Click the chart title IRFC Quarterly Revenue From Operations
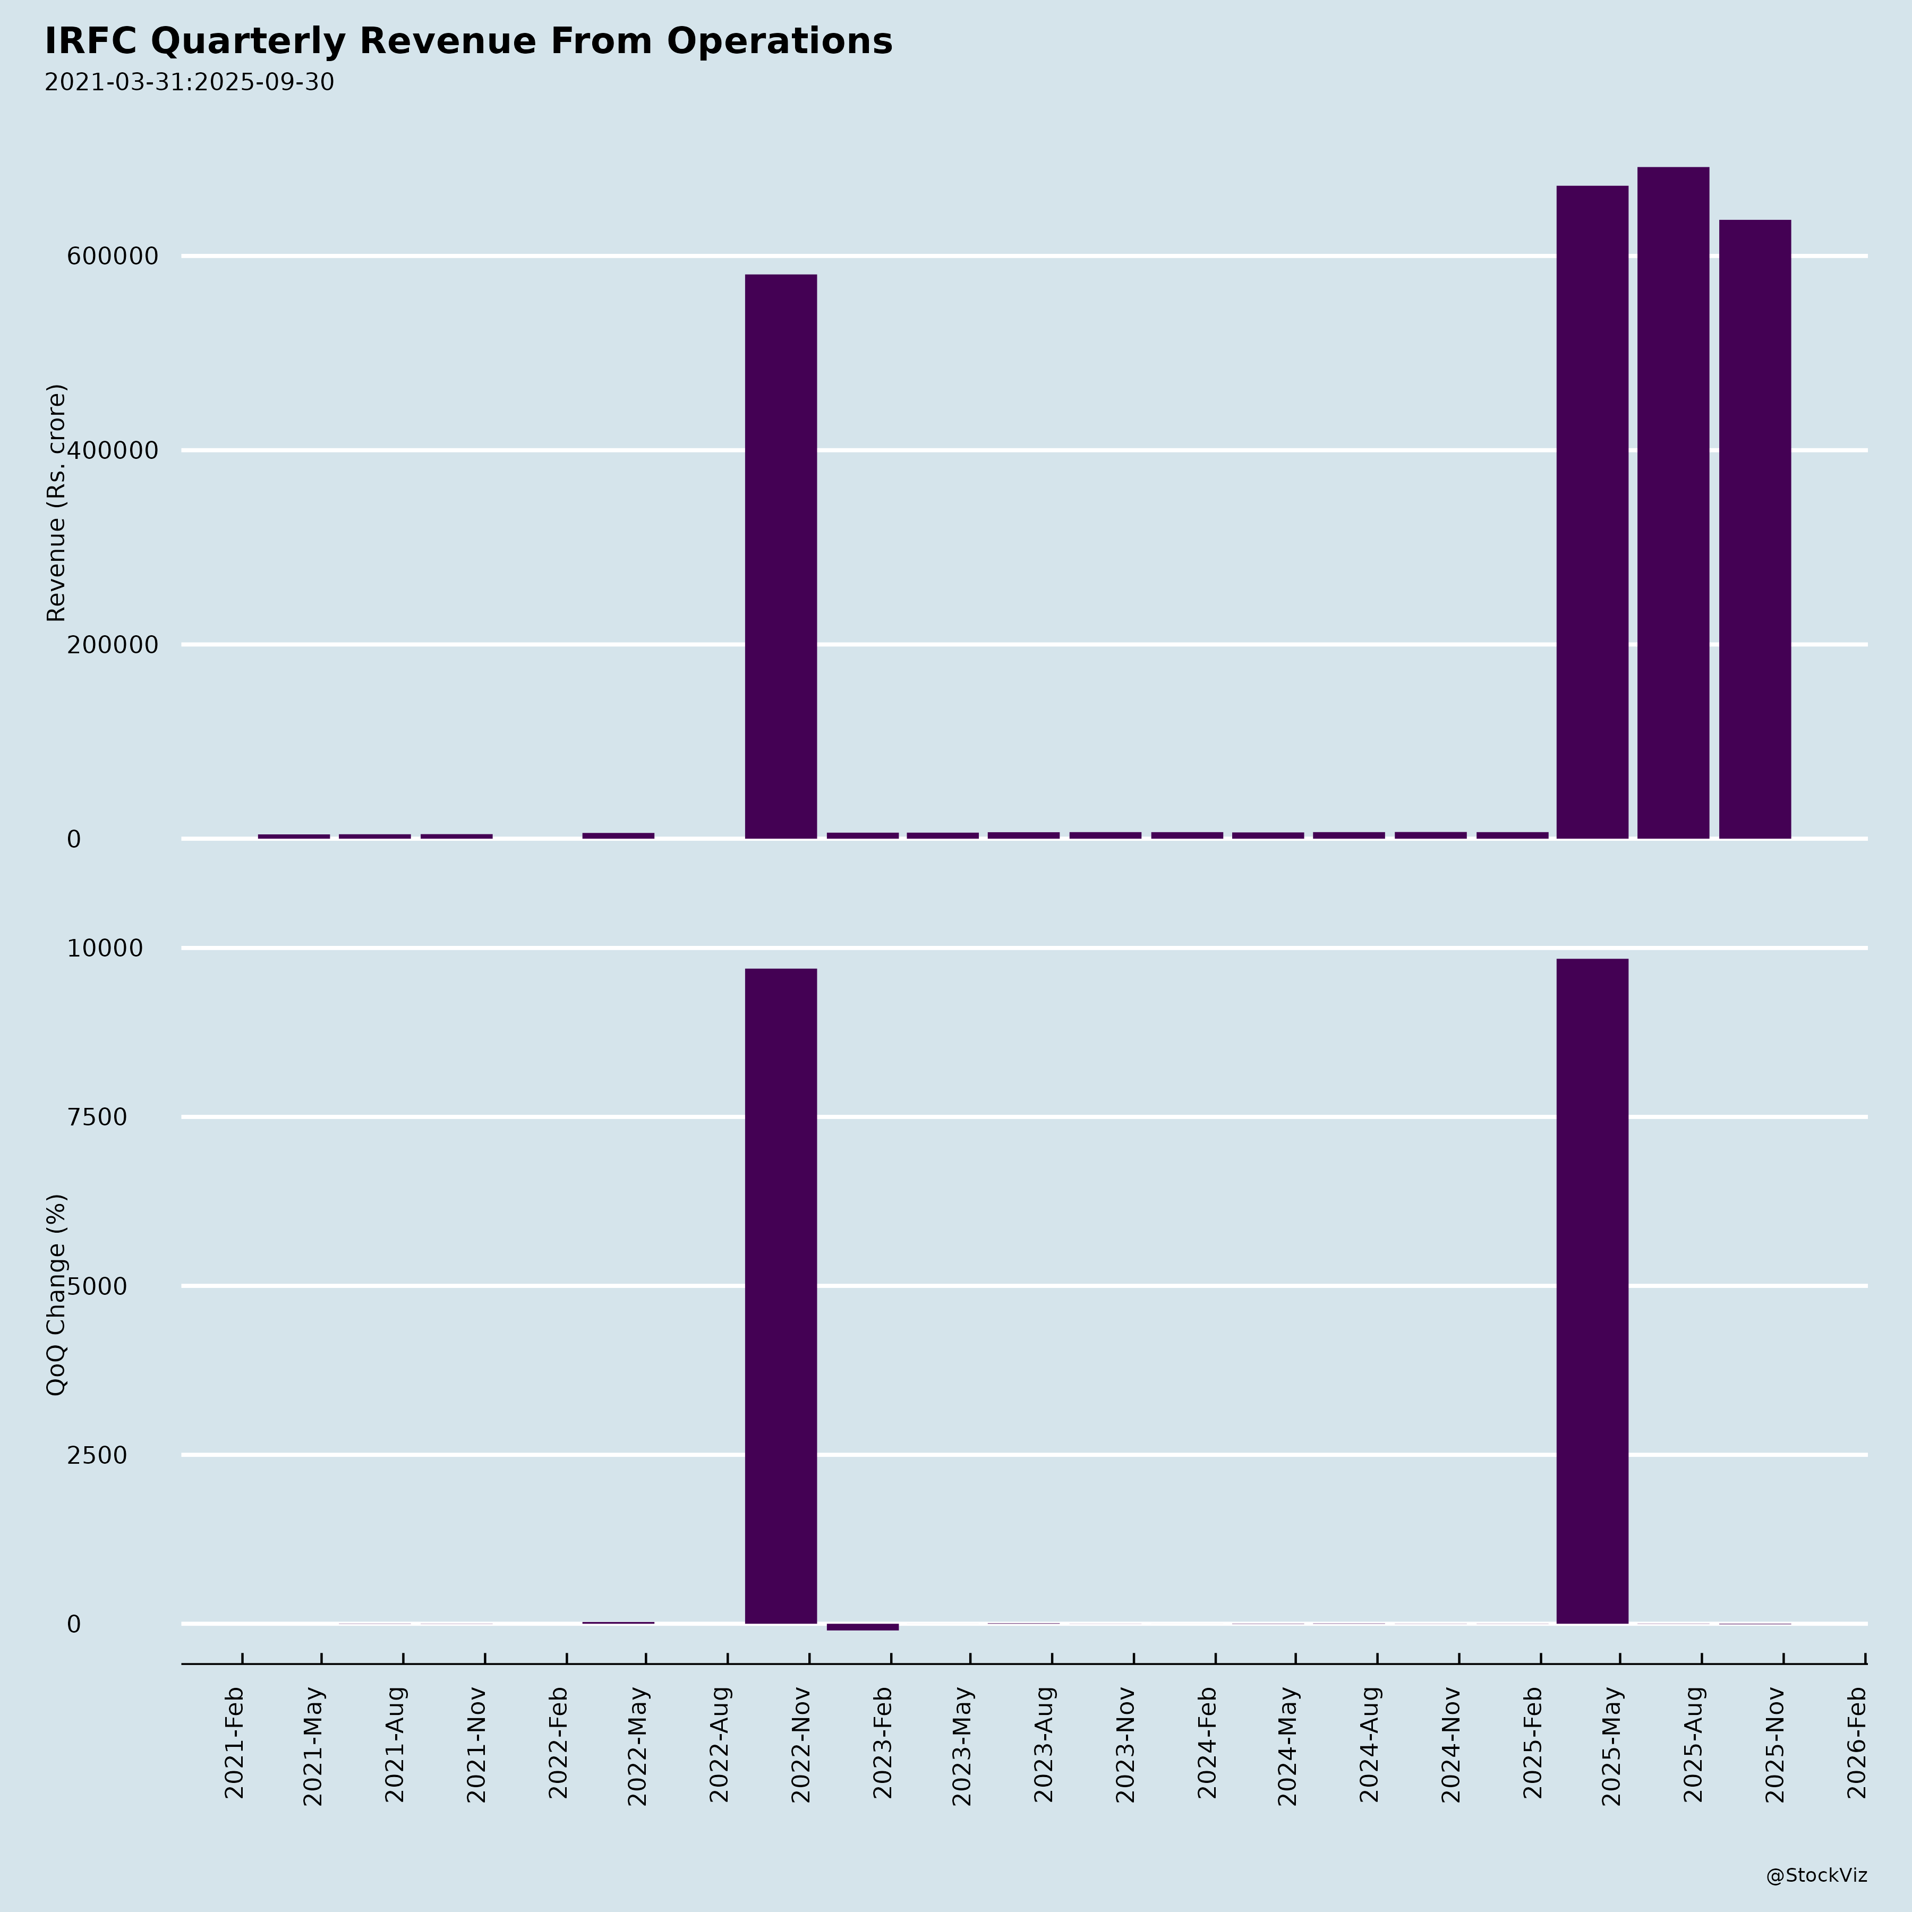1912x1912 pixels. coord(468,41)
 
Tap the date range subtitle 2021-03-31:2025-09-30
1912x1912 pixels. coord(189,82)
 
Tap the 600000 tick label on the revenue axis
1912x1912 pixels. coord(113,257)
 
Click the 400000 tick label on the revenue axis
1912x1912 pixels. coord(113,450)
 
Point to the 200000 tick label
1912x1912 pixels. coord(113,644)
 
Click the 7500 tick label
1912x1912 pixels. coord(97,1117)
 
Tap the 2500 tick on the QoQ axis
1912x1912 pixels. coord(97,1455)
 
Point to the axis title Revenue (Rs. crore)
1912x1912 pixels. coord(56,503)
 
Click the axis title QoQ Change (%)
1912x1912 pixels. coord(56,1294)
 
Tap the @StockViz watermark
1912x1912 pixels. coord(1816,1875)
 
